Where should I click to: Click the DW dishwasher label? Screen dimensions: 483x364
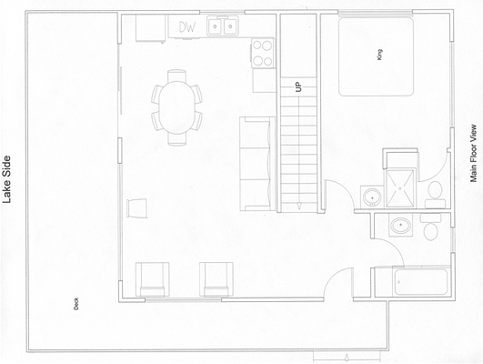(187, 27)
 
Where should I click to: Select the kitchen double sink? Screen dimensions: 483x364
(223, 26)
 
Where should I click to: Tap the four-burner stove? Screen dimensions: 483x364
(263, 53)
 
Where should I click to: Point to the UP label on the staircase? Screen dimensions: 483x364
(298, 86)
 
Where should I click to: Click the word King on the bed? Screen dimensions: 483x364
(379, 55)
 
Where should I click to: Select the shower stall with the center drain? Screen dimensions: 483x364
(400, 188)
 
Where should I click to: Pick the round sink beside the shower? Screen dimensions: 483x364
(372, 197)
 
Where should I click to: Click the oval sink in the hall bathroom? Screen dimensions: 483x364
(400, 226)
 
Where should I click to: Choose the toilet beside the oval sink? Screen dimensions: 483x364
(430, 227)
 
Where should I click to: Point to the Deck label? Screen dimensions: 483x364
(76, 303)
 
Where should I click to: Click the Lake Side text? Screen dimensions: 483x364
(6, 179)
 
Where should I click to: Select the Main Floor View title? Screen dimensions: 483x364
(473, 153)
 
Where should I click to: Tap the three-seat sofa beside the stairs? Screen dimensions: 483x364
(257, 164)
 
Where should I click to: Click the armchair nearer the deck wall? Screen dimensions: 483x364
(153, 279)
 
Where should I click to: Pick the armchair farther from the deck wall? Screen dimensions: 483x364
(216, 279)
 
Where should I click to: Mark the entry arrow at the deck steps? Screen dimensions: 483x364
(347, 358)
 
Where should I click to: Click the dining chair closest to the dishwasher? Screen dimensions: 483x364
(176, 76)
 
